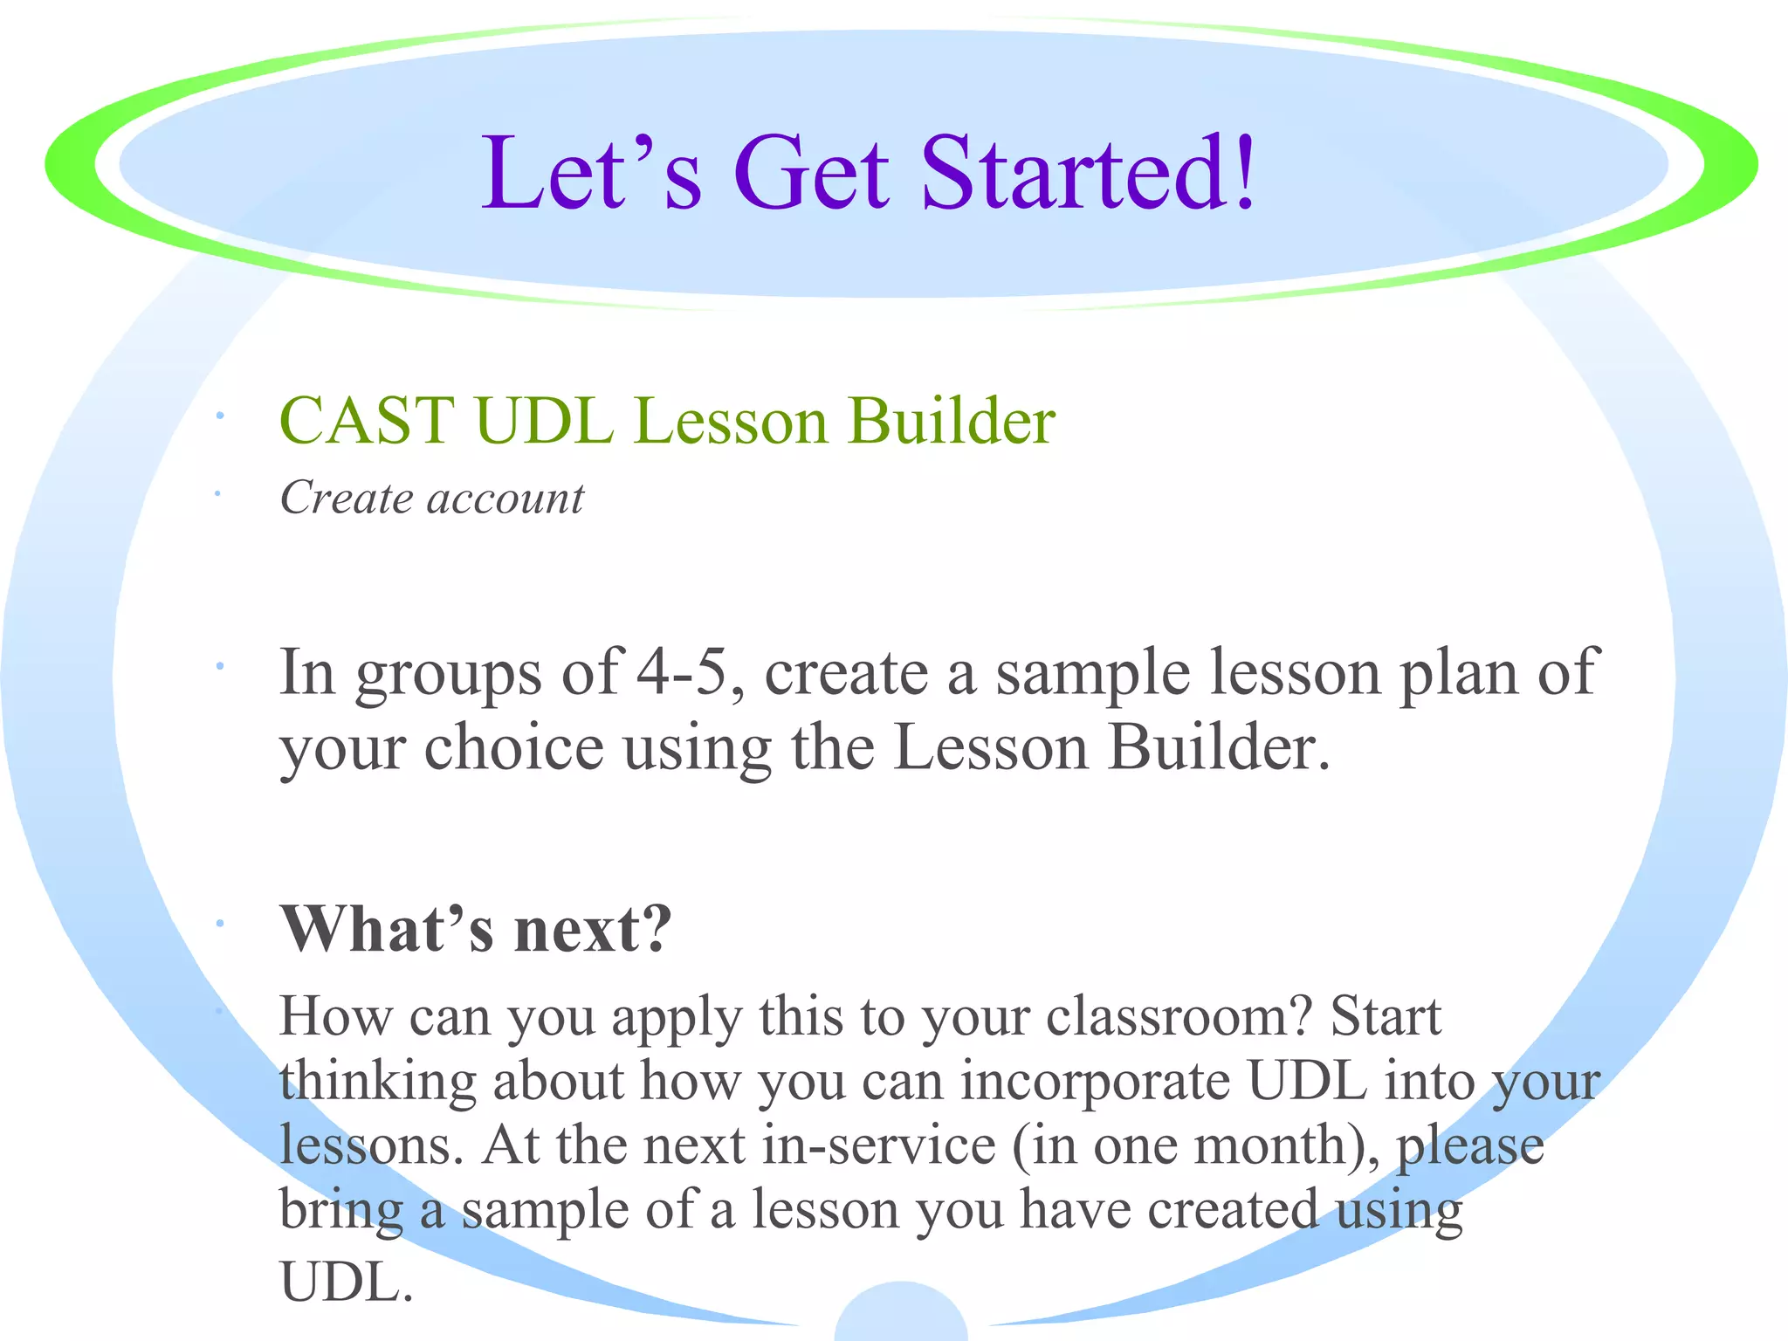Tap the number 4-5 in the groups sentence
click(x=682, y=672)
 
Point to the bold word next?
click(x=594, y=931)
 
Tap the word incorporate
click(x=1097, y=1083)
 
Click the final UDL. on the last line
click(x=346, y=1282)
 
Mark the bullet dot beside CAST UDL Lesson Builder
click(x=221, y=417)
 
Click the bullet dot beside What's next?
click(x=221, y=924)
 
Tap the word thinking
click(x=377, y=1083)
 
